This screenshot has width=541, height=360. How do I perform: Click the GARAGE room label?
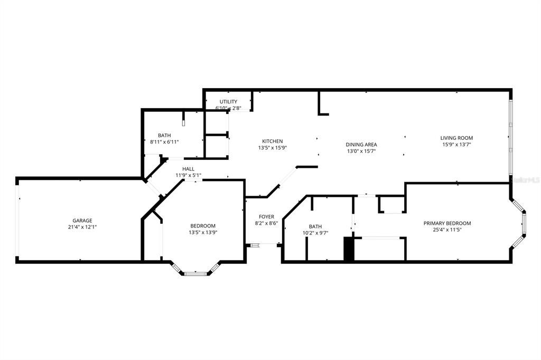pos(82,221)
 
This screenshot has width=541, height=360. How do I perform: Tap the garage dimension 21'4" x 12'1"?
pos(82,227)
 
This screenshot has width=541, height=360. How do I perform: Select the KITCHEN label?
pos(273,141)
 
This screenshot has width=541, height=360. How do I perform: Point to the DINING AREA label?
pos(361,145)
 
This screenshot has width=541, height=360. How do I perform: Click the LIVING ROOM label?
pos(456,138)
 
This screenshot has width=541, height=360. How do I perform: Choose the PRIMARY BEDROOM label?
pos(447,223)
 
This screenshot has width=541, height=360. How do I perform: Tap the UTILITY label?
pos(228,101)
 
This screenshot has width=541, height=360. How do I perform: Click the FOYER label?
pos(266,217)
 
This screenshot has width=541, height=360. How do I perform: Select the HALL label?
pos(188,169)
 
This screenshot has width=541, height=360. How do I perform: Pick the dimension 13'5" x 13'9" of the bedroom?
pos(203,232)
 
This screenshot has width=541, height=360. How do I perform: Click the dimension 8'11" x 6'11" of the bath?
pos(164,142)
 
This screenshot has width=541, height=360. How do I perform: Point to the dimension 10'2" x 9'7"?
pos(315,232)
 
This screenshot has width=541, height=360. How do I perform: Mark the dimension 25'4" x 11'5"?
pos(447,230)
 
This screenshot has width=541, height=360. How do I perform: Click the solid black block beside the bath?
pos(349,249)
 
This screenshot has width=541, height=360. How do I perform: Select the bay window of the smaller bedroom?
pos(195,272)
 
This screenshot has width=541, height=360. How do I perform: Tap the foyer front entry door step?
pos(255,245)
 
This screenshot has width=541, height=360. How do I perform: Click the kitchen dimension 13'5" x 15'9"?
pos(273,148)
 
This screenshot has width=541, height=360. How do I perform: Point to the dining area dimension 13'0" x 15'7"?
pos(361,151)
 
